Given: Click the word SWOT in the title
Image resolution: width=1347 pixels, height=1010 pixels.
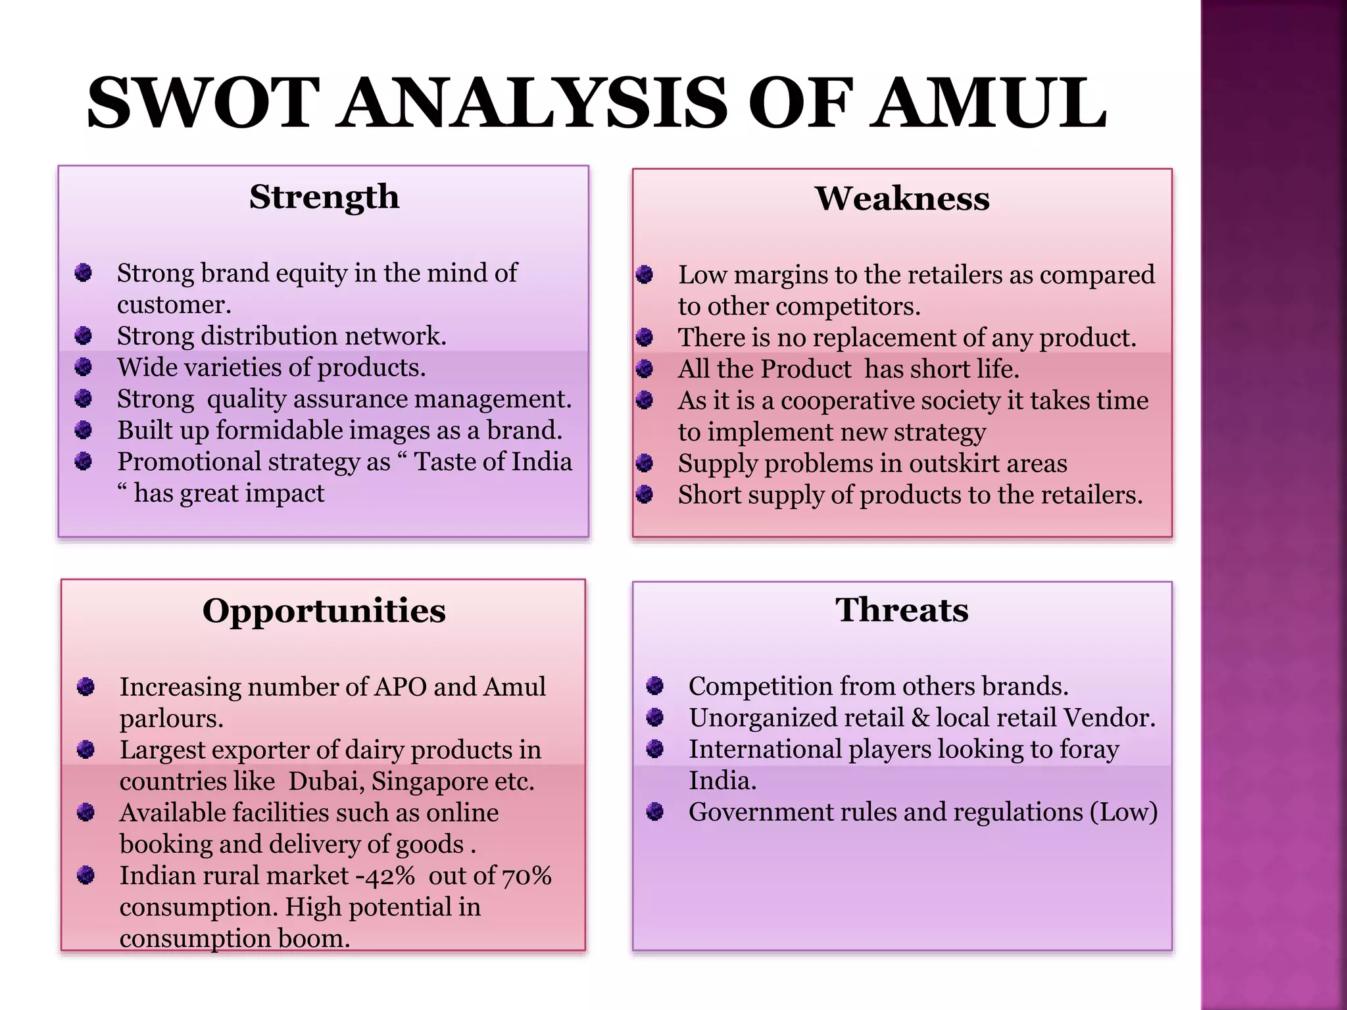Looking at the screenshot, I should click(x=203, y=103).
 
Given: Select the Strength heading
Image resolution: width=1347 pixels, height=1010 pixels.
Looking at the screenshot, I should click(x=324, y=197).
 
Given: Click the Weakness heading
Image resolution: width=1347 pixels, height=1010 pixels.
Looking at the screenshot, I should click(x=902, y=199).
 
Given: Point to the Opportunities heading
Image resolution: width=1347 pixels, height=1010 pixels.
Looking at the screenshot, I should click(x=324, y=611).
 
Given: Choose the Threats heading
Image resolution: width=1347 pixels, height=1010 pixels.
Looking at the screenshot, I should click(x=902, y=610).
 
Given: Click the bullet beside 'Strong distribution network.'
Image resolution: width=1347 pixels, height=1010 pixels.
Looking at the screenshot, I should click(x=84, y=336).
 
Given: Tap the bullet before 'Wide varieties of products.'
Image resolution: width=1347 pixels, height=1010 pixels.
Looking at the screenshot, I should click(x=84, y=367).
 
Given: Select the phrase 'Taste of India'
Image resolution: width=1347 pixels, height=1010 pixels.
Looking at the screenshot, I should click(x=493, y=462).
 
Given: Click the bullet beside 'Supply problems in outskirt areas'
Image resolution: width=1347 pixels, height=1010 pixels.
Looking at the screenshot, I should click(x=645, y=463).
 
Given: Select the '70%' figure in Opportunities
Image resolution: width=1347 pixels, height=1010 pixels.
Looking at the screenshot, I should click(x=527, y=876).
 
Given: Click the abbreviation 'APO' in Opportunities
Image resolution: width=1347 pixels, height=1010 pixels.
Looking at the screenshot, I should click(x=400, y=687).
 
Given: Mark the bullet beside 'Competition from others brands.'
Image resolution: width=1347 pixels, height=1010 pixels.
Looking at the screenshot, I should click(x=655, y=686).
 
